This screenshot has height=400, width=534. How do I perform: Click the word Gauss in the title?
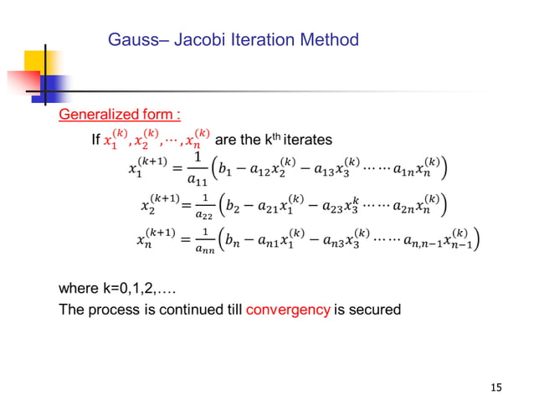[131, 39]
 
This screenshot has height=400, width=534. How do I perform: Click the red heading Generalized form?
[119, 114]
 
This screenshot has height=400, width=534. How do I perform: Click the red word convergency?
[288, 310]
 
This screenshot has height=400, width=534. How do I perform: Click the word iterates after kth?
[304, 138]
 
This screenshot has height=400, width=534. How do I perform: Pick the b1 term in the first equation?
[223, 172]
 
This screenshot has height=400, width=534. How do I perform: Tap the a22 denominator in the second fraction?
[203, 214]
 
